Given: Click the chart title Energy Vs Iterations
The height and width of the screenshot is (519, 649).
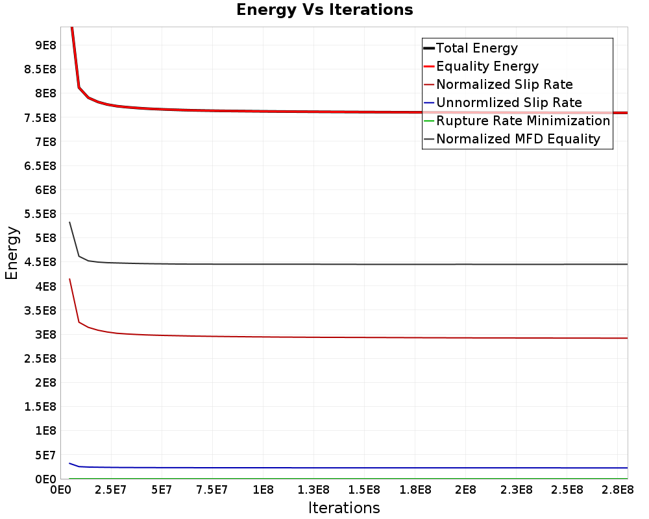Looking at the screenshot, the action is pos(324,10).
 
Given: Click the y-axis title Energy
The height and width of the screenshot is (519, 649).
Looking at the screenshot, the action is pos(12,253).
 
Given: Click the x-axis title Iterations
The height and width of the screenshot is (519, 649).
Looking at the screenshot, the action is pos(344,508).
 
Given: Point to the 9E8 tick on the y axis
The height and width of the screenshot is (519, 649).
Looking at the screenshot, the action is pos(45,45).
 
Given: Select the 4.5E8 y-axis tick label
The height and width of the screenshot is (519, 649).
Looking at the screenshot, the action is pos(40,262).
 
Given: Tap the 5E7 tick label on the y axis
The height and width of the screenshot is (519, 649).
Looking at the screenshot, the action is pos(45,455).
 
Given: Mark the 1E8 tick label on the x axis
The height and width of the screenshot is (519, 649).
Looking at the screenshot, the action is pos(263,490).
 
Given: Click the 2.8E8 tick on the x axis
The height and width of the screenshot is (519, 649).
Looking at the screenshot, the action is pos(618,490).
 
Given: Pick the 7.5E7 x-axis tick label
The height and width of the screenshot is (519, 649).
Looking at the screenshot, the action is pos(212,490).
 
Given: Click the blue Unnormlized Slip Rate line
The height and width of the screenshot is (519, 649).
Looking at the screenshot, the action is pos(349,468).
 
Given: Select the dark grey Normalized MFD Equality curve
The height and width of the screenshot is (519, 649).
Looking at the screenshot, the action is pos(349,264).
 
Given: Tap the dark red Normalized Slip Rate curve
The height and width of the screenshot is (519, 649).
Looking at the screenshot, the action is pos(349,337).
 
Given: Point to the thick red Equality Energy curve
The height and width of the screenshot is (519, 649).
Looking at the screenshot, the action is pos(349,112).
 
